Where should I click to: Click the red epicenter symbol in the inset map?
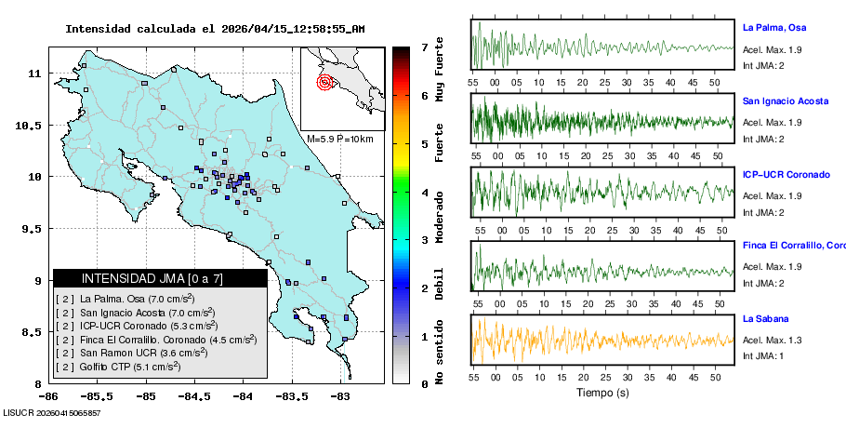tap(324, 82)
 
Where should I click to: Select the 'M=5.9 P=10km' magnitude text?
tap(339, 139)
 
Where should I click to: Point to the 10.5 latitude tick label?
tap(33, 125)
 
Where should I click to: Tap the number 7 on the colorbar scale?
tap(423, 47)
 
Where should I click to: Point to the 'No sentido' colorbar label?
tap(440, 350)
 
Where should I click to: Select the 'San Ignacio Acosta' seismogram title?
tap(786, 100)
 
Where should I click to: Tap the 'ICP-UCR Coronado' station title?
tap(786, 174)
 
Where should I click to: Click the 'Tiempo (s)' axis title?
tap(602, 393)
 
